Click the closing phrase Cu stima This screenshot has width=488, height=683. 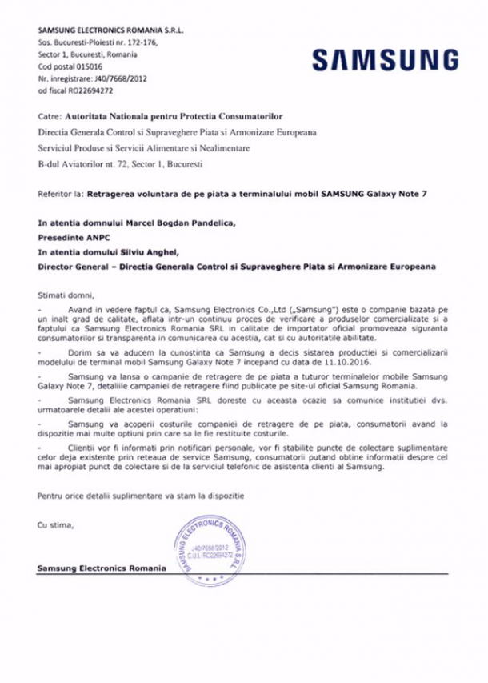(55, 525)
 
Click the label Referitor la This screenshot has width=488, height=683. (60, 193)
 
